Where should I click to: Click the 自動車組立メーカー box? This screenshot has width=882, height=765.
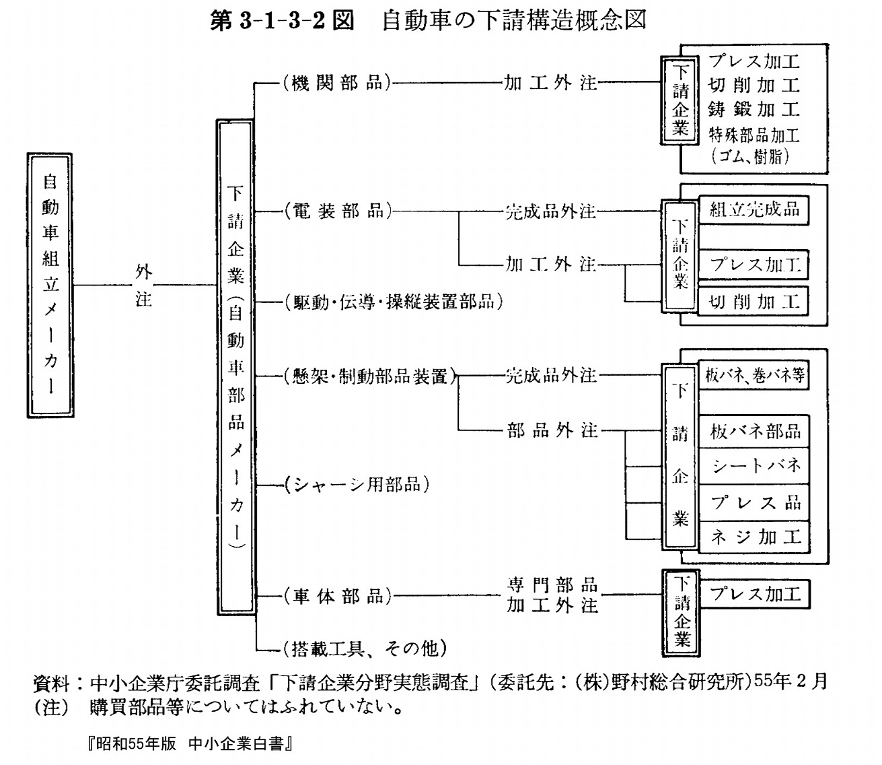(x=50, y=285)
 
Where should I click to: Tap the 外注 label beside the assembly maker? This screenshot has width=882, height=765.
(x=144, y=285)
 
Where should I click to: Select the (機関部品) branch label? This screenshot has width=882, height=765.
(x=336, y=83)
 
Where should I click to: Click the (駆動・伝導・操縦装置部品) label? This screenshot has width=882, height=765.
(x=394, y=302)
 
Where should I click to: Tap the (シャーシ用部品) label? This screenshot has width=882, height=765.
(x=357, y=485)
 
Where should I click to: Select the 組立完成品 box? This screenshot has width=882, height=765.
(x=754, y=210)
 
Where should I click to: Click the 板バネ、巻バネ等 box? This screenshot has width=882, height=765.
(x=754, y=376)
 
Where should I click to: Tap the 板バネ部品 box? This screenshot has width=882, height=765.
(x=754, y=432)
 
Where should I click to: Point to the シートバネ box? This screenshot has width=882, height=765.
(x=754, y=466)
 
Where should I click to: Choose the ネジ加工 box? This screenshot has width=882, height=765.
(x=754, y=537)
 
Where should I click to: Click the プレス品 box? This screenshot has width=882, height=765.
(x=754, y=503)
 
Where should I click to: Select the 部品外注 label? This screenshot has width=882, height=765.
(x=552, y=430)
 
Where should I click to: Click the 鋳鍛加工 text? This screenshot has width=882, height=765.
(x=754, y=109)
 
